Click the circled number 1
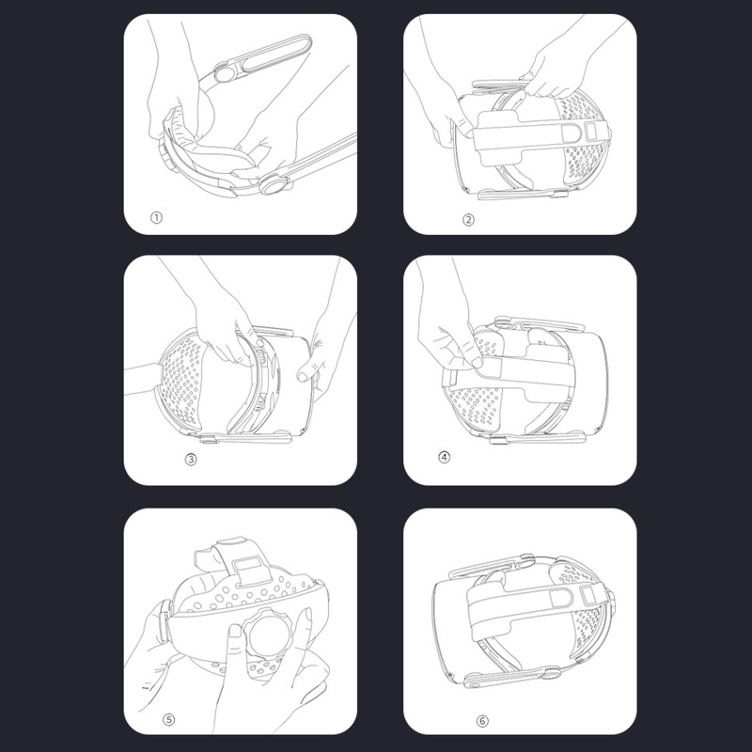click(156, 218)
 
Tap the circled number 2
click(468, 220)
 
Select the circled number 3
click(191, 459)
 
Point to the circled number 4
click(444, 457)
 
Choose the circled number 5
click(169, 719)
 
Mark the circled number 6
click(482, 721)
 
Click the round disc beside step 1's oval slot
click(224, 73)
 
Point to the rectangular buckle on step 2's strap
click(594, 131)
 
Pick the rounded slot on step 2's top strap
click(569, 133)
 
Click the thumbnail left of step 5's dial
click(236, 632)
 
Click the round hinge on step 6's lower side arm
click(550, 672)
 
